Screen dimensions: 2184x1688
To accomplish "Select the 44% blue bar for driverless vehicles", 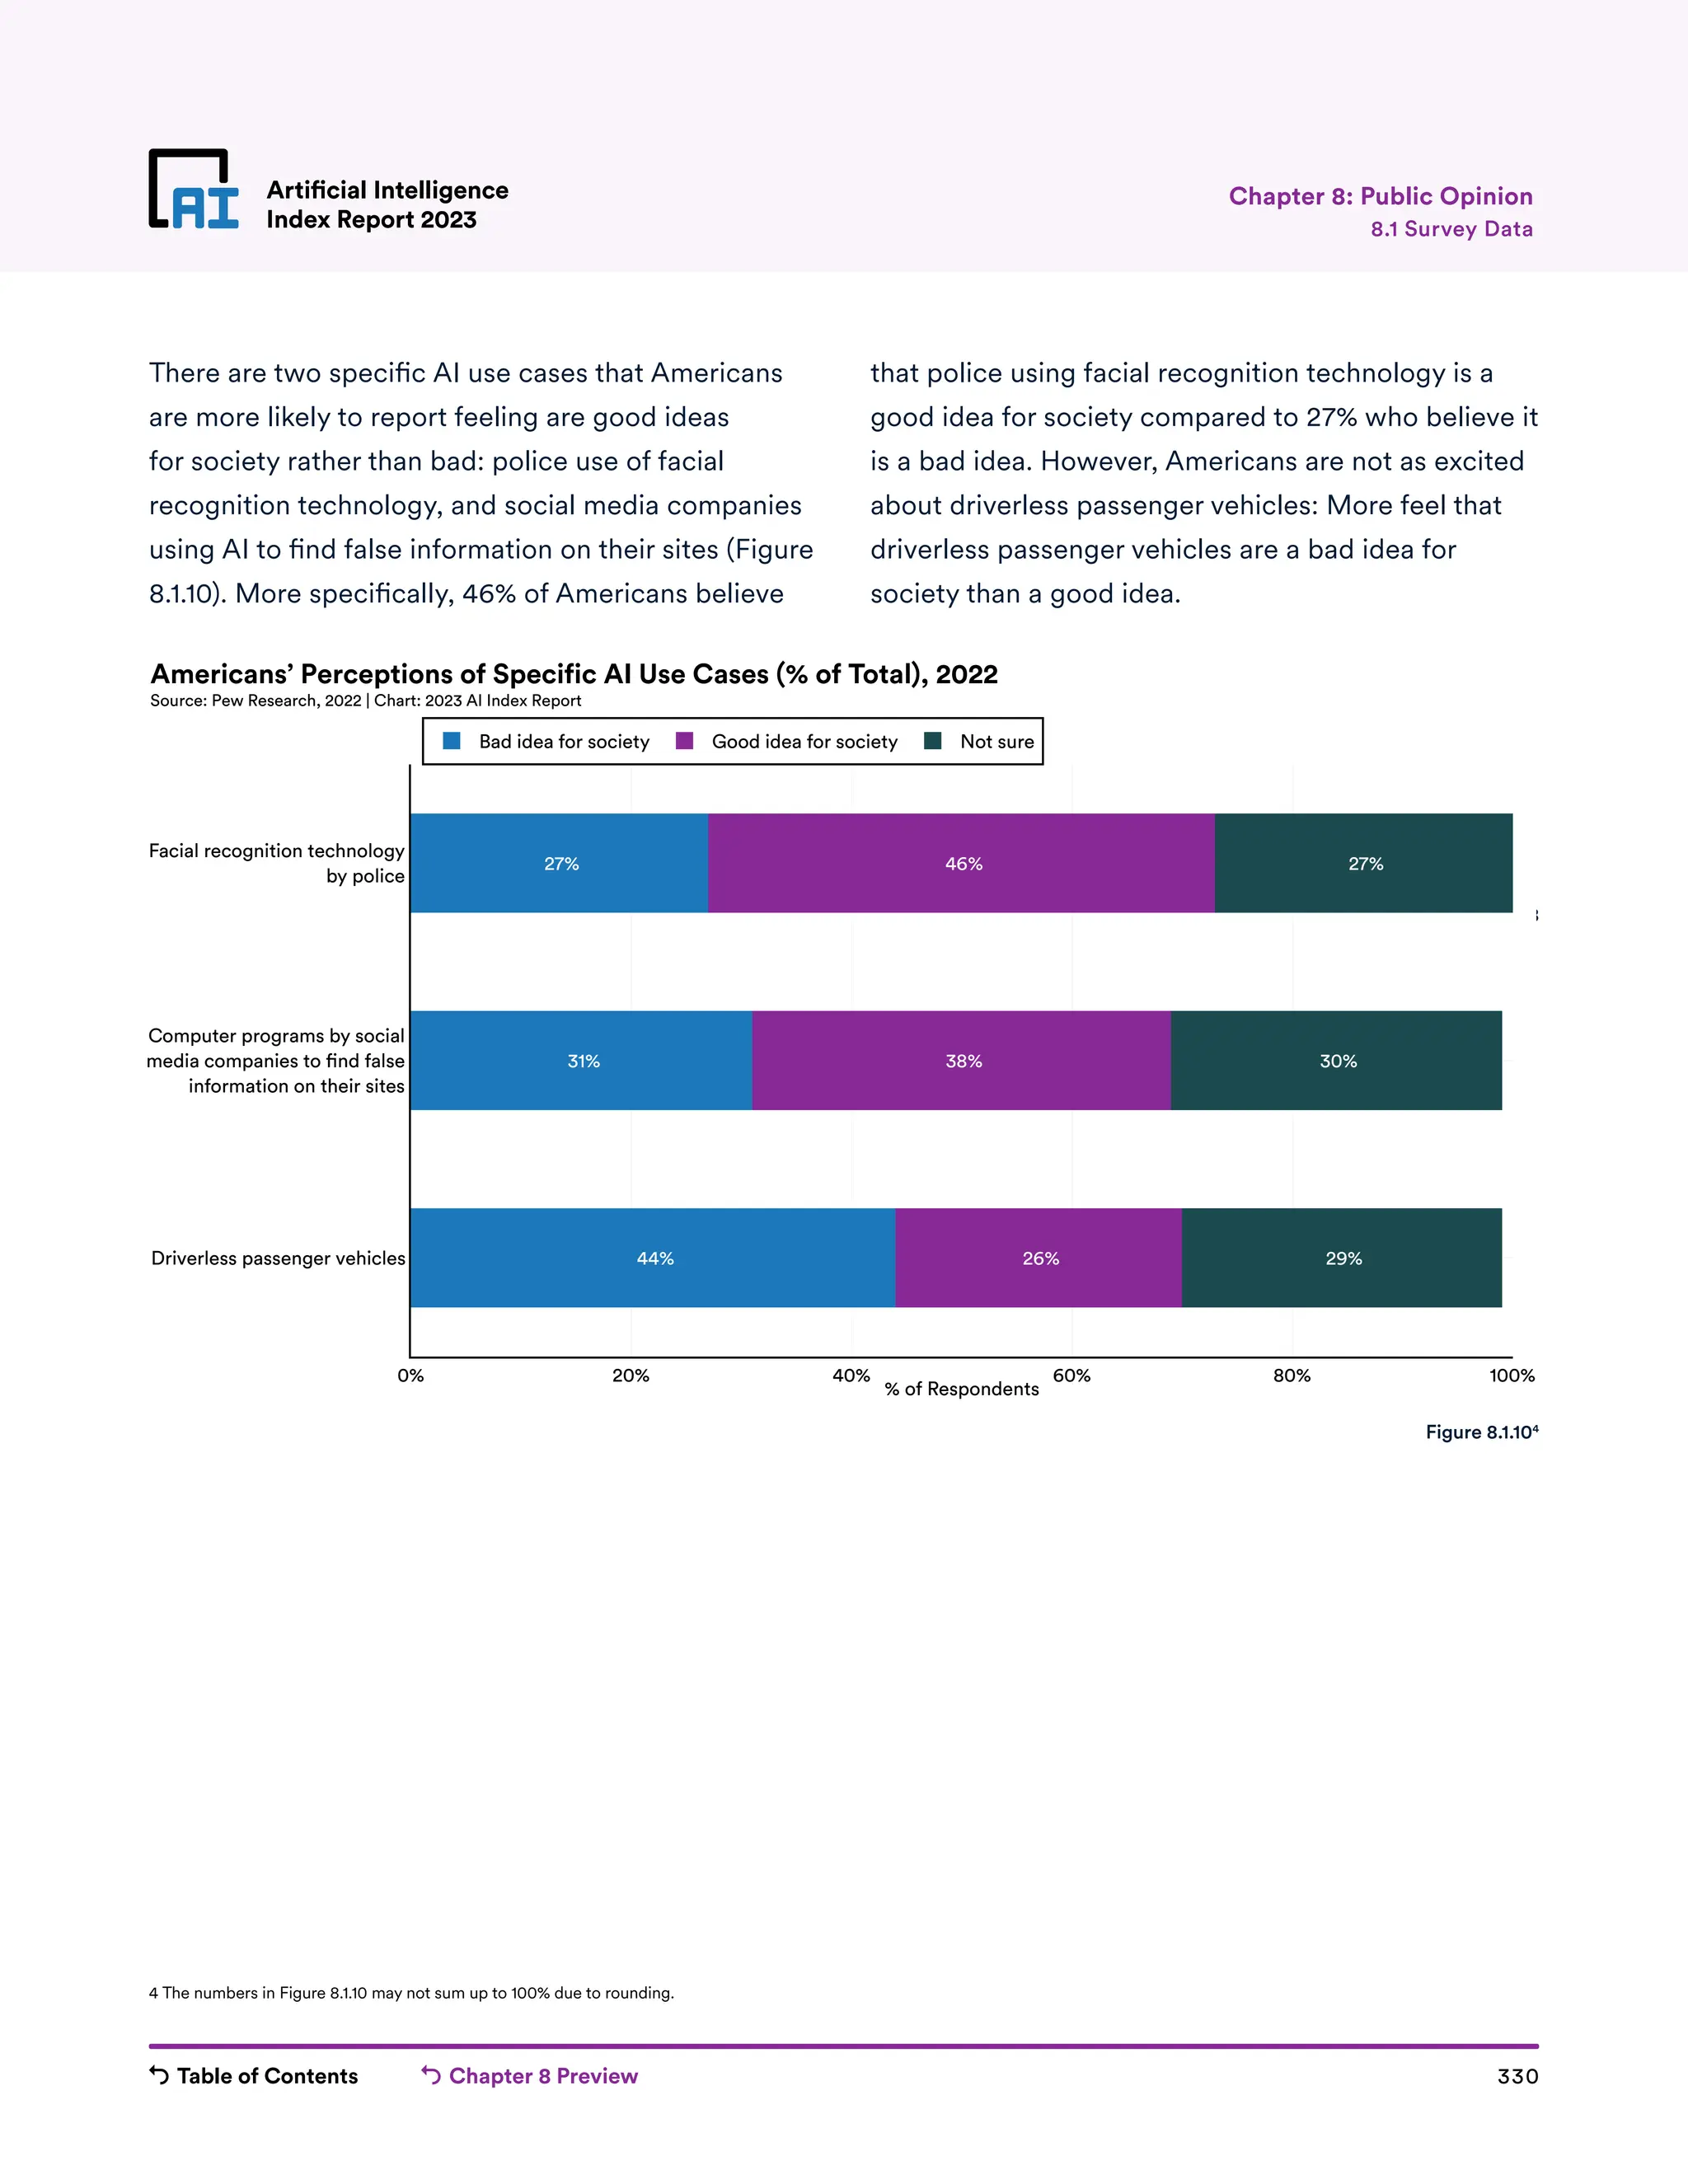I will pyautogui.click(x=653, y=1258).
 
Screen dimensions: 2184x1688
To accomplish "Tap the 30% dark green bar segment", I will pyautogui.click(x=1336, y=1061).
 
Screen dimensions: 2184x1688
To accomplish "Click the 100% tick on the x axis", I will pyautogui.click(x=1511, y=1376).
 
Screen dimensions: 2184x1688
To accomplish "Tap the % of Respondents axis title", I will pyautogui.click(x=961, y=1389).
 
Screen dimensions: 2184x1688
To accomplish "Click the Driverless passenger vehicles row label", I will pyautogui.click(x=278, y=1258).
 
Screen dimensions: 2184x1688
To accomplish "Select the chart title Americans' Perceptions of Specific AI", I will pyautogui.click(x=573, y=674).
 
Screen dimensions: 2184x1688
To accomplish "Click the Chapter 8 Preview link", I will pyautogui.click(x=530, y=2076).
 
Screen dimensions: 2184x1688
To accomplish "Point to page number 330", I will pyautogui.click(x=1517, y=2077).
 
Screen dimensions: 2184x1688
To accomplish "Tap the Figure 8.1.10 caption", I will pyautogui.click(x=1481, y=1432).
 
